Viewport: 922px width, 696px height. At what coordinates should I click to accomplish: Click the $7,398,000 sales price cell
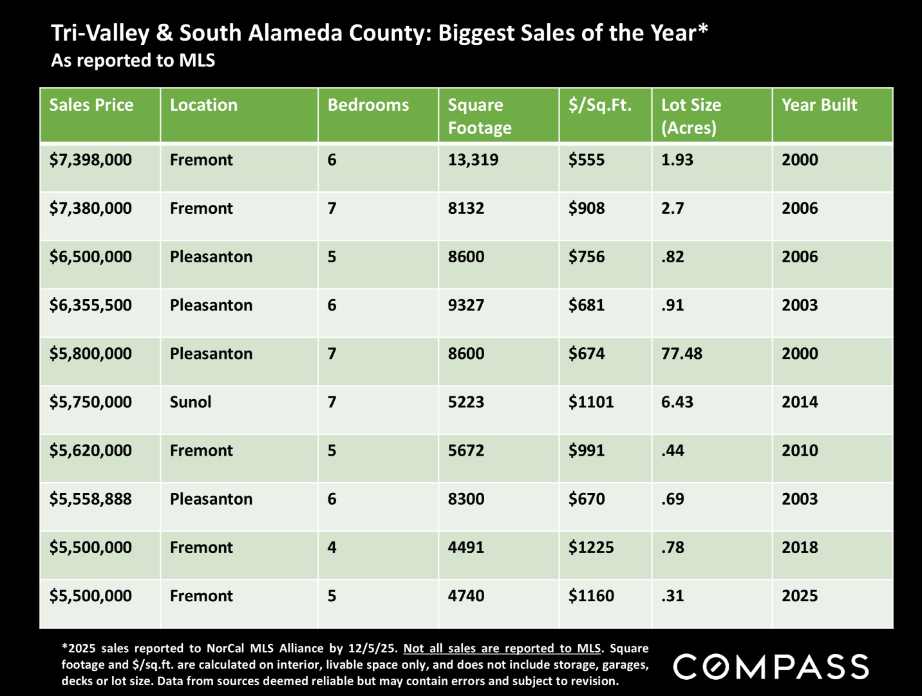click(x=91, y=160)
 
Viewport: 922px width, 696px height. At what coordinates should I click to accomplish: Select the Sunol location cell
click(x=191, y=402)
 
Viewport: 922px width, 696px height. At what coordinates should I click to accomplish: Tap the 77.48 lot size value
click(x=682, y=354)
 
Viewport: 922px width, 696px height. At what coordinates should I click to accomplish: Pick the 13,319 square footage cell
click(x=473, y=160)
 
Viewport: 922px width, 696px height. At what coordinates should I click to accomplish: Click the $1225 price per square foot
click(x=591, y=548)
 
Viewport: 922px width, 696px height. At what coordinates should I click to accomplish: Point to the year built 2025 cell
click(x=800, y=596)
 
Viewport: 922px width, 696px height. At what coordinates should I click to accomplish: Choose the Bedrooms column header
click(x=368, y=105)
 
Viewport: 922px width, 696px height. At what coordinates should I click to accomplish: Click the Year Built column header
click(x=819, y=105)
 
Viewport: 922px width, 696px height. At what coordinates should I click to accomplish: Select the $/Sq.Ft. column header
click(x=600, y=105)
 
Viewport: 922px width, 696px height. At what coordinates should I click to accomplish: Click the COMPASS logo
click(x=771, y=666)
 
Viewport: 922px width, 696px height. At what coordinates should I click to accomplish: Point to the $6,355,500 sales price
click(x=91, y=305)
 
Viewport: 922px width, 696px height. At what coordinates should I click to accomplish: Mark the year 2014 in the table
click(x=800, y=402)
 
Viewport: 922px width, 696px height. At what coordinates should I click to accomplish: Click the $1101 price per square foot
click(x=591, y=402)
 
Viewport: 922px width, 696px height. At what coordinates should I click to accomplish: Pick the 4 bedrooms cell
click(x=332, y=548)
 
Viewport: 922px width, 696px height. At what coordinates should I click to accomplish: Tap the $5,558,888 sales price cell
click(x=91, y=499)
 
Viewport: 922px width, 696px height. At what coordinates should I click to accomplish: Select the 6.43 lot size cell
click(x=677, y=402)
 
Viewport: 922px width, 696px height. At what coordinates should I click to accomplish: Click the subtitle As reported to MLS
click(x=133, y=61)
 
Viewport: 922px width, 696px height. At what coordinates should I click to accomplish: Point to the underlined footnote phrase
click(x=502, y=648)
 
